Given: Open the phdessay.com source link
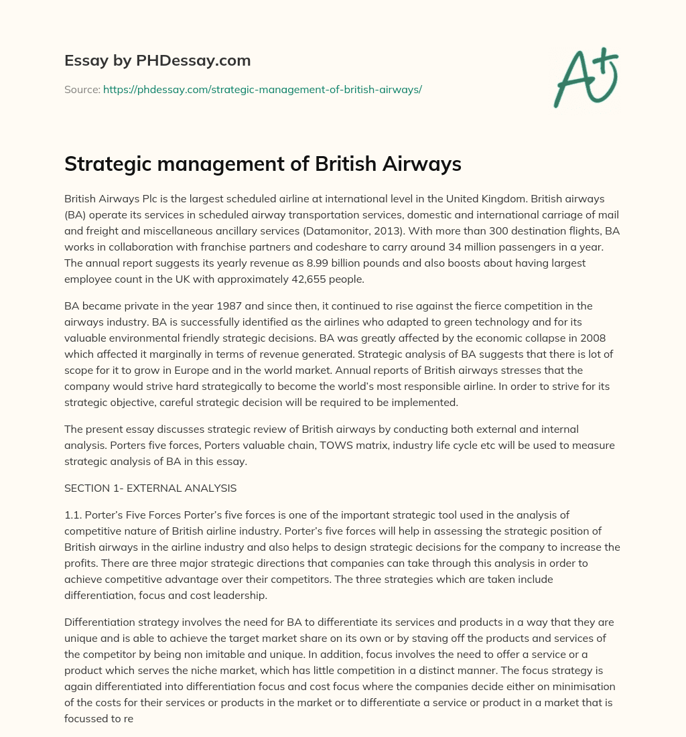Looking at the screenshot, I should pyautogui.click(x=262, y=89).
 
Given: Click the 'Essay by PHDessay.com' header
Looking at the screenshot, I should pyautogui.click(x=157, y=60).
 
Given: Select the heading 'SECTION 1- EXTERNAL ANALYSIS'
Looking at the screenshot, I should pyautogui.click(x=150, y=488).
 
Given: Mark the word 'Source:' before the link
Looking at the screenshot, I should pyautogui.click(x=82, y=89).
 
